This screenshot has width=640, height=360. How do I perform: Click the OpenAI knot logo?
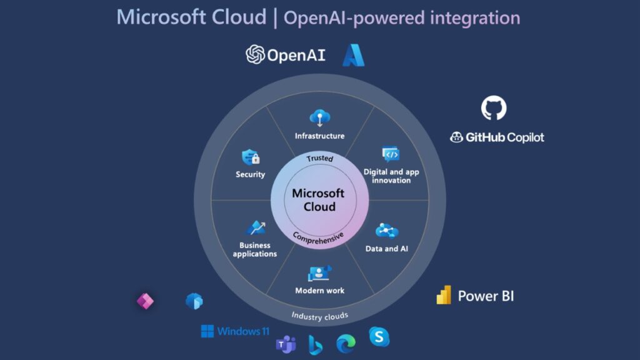[x=255, y=54]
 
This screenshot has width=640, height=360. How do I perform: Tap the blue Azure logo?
[x=353, y=55]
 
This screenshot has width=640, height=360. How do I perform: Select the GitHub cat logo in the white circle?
[x=494, y=108]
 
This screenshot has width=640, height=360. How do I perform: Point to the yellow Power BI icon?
[x=444, y=295]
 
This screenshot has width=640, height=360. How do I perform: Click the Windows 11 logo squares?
[x=207, y=331]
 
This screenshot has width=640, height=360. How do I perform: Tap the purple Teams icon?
[x=286, y=344]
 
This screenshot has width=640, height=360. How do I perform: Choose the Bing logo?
[x=315, y=344]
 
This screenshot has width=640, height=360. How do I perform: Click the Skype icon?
[x=379, y=337]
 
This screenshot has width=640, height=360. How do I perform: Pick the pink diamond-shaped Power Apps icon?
[x=145, y=301]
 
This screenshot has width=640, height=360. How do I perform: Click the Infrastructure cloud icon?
[x=319, y=117]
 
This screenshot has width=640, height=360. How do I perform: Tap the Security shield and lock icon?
[x=251, y=157]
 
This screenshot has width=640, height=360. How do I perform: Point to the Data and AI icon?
[x=387, y=231]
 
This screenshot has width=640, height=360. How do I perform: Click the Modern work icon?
[x=319, y=273]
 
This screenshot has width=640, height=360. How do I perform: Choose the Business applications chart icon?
[x=255, y=227]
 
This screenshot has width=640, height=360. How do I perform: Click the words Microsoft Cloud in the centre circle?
[x=318, y=200]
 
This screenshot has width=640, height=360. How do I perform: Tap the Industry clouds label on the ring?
[x=319, y=316]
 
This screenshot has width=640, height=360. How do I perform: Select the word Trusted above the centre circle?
[x=319, y=159]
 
